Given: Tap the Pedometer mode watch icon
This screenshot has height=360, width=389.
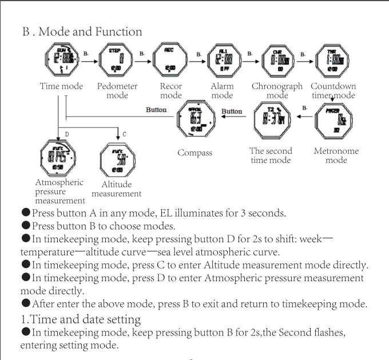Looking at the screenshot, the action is tap(116, 61).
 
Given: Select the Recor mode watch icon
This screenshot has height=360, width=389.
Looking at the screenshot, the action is tap(170, 61).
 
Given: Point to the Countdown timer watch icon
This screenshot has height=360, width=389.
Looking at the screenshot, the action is tap(332, 61).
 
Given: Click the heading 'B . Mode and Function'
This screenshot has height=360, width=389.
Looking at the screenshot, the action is tap(82, 31).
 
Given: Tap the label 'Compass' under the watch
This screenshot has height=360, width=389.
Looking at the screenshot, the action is tap(194, 153).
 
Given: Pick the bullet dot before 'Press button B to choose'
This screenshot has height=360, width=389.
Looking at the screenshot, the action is tap(26, 225).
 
